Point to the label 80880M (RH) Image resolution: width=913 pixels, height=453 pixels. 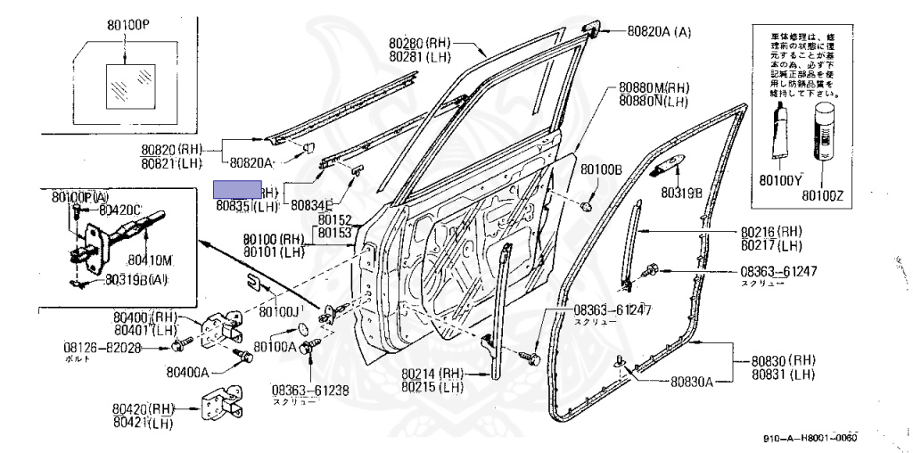point(654,88)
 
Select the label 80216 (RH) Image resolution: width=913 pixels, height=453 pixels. point(772,230)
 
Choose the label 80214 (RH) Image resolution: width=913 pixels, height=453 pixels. point(432,374)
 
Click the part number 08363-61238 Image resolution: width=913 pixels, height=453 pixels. point(311,390)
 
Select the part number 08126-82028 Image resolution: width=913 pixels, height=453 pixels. point(102,347)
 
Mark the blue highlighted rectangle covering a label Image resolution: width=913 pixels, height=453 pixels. point(236,190)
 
